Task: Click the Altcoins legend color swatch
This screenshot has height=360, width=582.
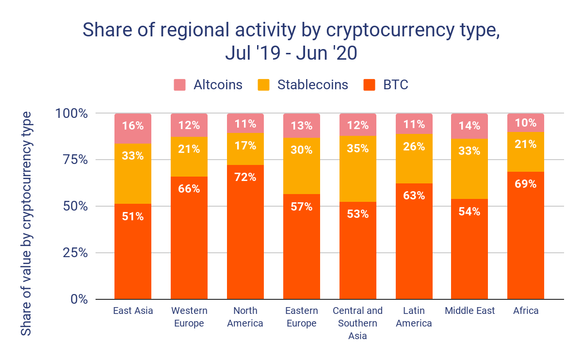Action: coord(180,85)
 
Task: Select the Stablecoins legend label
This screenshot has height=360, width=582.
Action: coord(312,85)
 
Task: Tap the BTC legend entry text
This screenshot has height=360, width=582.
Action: coord(396,85)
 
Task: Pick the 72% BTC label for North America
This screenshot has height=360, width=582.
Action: coord(245,177)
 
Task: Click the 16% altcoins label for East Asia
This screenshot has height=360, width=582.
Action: coord(133,126)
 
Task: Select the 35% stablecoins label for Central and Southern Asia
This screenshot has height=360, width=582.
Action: coord(358,148)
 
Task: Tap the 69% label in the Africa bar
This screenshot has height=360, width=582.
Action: coord(526,184)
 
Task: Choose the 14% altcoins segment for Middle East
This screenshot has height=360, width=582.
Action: coord(469,126)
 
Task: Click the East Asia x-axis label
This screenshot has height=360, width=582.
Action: coord(133,311)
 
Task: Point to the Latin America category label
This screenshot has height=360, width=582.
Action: coord(414,317)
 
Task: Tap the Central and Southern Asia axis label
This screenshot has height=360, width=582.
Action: coord(358,323)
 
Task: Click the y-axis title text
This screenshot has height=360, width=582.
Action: coord(26,223)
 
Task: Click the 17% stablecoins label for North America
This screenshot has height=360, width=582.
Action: coord(245,145)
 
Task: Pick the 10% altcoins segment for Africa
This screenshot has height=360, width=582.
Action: coord(526,123)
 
